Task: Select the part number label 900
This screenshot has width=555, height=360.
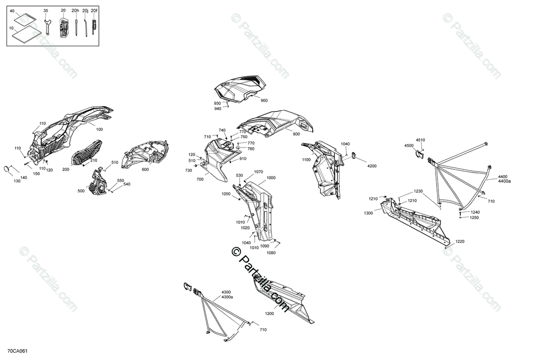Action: (x=264, y=101)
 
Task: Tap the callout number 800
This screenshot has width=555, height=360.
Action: (x=296, y=134)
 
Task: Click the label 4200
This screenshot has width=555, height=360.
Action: (x=372, y=166)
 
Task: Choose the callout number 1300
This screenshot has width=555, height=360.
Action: (x=368, y=213)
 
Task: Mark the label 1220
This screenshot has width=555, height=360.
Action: (x=459, y=242)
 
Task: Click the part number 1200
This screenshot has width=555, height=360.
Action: (x=269, y=314)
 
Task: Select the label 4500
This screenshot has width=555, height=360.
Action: (x=409, y=146)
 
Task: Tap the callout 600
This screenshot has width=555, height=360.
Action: (x=145, y=169)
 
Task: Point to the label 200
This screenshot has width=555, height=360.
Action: (x=66, y=170)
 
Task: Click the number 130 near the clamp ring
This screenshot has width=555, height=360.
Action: (x=18, y=181)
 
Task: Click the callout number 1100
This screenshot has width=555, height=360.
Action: (x=307, y=160)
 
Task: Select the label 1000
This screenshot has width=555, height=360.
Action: (x=271, y=178)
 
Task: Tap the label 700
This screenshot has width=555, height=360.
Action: (x=200, y=179)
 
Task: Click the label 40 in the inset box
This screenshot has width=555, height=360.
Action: (x=12, y=10)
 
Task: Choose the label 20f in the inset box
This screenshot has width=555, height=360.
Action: (x=94, y=10)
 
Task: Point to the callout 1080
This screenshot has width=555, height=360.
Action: (x=271, y=253)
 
